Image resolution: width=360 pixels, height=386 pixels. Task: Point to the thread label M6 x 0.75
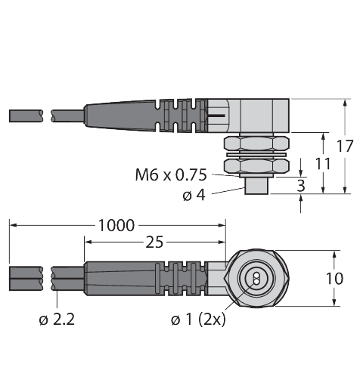coord(171,175)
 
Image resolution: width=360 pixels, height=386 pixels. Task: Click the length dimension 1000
coord(116,225)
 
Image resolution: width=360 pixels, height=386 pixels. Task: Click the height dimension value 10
coord(334,278)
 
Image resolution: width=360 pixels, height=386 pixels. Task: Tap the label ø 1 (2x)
coord(198,320)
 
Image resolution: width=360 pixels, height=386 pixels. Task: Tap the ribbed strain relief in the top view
coord(182,116)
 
